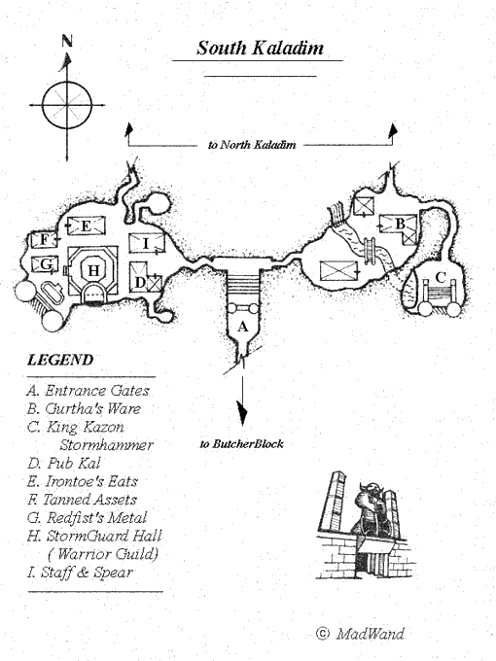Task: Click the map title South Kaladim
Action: [x=260, y=48]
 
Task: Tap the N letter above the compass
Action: [x=67, y=41]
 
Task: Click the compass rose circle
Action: [x=67, y=82]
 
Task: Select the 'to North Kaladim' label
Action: [x=252, y=145]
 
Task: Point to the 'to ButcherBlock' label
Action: [x=241, y=443]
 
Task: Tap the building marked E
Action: [x=86, y=226]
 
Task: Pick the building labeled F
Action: [x=44, y=240]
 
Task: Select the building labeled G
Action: [x=45, y=264]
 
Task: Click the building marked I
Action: [x=146, y=243]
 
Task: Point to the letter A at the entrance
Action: [x=242, y=327]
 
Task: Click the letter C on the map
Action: [x=440, y=277]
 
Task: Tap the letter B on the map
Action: [x=400, y=224]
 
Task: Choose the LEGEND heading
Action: [x=60, y=360]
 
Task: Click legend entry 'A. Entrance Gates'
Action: [x=89, y=391]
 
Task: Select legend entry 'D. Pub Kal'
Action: [x=64, y=463]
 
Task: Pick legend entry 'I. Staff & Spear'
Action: [x=80, y=572]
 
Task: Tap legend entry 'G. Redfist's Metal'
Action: [x=88, y=517]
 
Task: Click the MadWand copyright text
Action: [x=360, y=634]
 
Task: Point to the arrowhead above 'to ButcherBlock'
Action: [x=242, y=413]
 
